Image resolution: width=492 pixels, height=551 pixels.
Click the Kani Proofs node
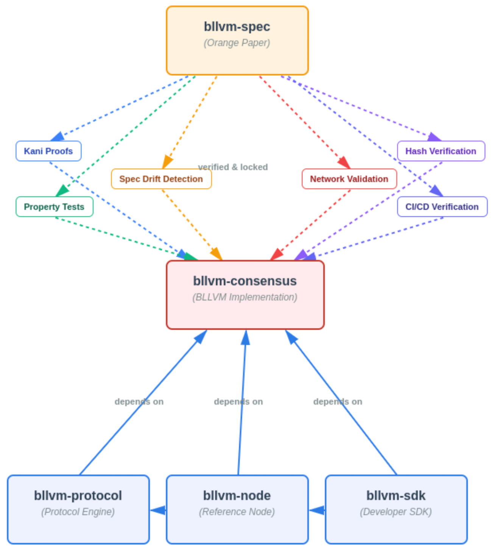48,151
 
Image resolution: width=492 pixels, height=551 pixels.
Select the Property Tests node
54,207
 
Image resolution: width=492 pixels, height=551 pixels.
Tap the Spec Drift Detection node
161,179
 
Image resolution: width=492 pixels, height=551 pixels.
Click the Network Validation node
349,179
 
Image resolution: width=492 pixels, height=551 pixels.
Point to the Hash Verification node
441,151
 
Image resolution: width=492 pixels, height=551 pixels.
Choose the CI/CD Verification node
442,207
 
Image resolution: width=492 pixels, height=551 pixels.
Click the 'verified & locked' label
233,167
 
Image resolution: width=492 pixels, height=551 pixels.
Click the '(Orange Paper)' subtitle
237,43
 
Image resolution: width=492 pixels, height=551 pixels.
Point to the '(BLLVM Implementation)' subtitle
245,297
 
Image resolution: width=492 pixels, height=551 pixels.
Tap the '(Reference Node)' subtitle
237,512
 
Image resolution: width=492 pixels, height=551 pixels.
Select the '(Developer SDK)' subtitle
396,512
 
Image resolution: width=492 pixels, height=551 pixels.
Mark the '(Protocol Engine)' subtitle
78,512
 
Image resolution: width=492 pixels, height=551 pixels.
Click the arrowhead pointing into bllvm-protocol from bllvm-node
159,510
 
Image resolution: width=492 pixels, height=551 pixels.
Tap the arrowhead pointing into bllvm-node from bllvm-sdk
318,510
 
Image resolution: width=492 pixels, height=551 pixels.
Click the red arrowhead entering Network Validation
344,163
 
